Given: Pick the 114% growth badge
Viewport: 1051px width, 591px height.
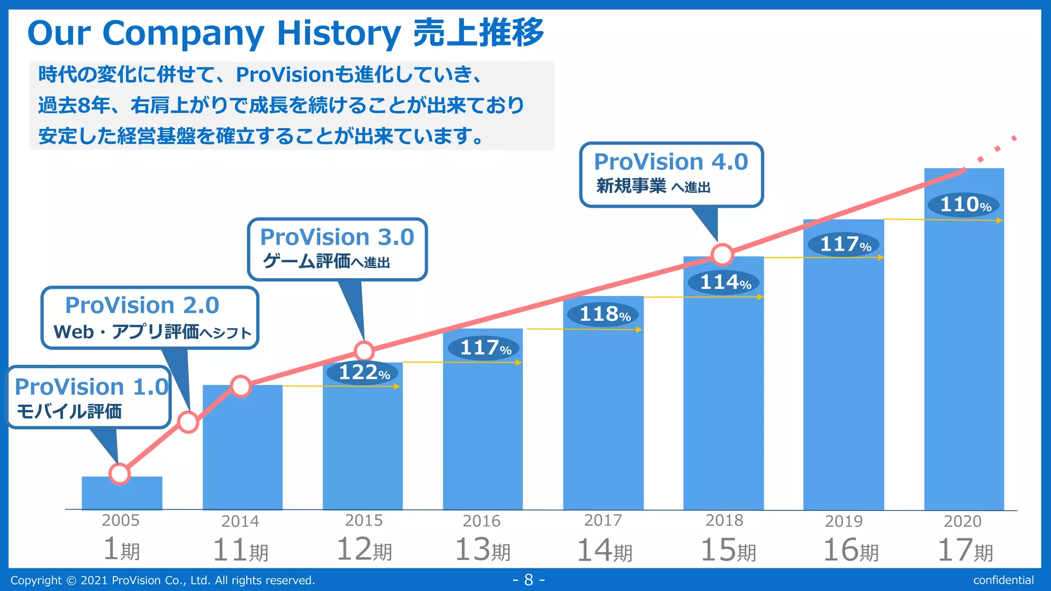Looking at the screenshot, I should [724, 282].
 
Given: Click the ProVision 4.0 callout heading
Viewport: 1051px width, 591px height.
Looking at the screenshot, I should [671, 162].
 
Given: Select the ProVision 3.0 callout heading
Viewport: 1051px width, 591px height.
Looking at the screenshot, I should [337, 237].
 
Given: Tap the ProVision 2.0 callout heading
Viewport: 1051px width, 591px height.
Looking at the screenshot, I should [142, 305].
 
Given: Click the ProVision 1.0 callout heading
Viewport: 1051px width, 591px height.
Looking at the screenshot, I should [91, 387].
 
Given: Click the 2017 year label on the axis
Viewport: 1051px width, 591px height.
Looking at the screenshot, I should [603, 521].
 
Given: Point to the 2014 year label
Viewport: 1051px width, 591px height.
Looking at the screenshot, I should [240, 521].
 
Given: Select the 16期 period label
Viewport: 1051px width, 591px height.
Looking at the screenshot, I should [850, 550].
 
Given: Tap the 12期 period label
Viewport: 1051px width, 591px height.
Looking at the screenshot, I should [364, 550].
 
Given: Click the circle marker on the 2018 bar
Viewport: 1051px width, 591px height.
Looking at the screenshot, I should [722, 254].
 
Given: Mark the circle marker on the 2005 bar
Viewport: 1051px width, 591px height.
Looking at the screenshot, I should [120, 474].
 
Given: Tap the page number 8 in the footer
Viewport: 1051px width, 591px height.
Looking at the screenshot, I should [529, 580].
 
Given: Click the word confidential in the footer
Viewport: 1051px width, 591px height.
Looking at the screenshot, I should [1003, 580].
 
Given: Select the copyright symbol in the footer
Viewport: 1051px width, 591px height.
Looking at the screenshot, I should [71, 581].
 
